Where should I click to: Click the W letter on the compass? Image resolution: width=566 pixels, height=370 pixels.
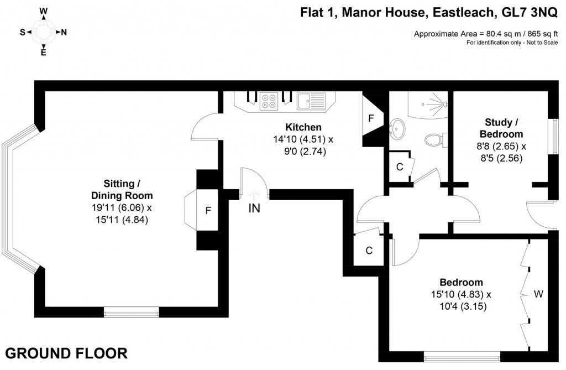[x=44, y=11]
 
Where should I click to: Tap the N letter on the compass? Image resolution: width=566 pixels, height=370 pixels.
[x=64, y=33]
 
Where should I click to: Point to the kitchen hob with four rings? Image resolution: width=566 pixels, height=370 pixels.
[x=269, y=101]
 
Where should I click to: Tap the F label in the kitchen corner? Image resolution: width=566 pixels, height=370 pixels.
[x=371, y=118]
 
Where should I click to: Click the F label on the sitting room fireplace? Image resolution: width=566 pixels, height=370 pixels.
[x=208, y=210]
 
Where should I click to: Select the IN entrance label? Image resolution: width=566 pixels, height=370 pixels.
[x=254, y=209]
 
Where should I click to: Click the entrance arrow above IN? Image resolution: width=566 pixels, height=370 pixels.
[x=254, y=194]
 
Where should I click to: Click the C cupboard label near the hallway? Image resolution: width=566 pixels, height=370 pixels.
[x=369, y=251]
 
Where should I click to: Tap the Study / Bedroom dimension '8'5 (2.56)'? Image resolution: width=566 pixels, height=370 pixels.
[x=501, y=158]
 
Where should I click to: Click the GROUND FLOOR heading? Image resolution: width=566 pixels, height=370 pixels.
[x=66, y=352]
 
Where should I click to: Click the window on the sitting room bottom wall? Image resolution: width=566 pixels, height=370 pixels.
[x=132, y=312]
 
